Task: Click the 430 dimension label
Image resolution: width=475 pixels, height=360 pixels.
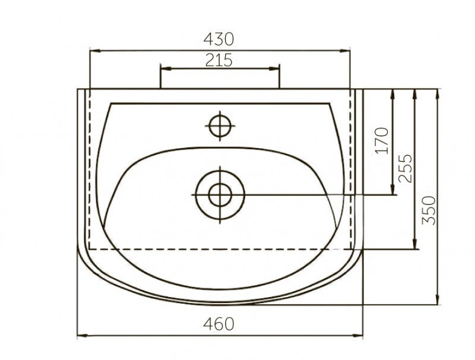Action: tap(218, 39)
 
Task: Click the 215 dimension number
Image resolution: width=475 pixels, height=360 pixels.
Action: tap(218, 60)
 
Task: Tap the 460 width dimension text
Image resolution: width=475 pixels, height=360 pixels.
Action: tap(218, 324)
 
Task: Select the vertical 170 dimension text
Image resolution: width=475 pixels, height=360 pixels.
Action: tap(381, 141)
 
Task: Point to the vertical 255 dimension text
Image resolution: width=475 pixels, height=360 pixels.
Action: tap(406, 169)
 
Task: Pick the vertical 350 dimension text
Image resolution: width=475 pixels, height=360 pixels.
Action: tap(429, 210)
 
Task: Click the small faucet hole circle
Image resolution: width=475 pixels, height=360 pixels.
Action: tap(220, 126)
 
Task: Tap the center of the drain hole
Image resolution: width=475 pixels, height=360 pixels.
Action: tap(220, 195)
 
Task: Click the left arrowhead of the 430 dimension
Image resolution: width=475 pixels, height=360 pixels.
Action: tap(96, 50)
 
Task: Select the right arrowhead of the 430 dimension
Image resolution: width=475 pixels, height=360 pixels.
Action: tap(345, 50)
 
